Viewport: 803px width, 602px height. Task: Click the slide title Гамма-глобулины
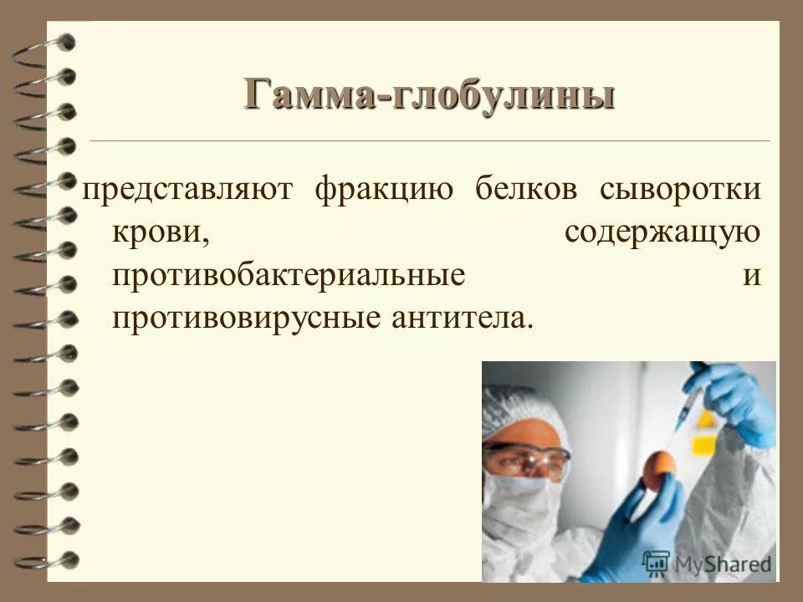[429, 94]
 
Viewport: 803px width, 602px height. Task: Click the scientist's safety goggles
[527, 459]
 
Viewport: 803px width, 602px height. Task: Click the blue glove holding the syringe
[736, 401]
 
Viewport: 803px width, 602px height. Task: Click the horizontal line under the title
[429, 141]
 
